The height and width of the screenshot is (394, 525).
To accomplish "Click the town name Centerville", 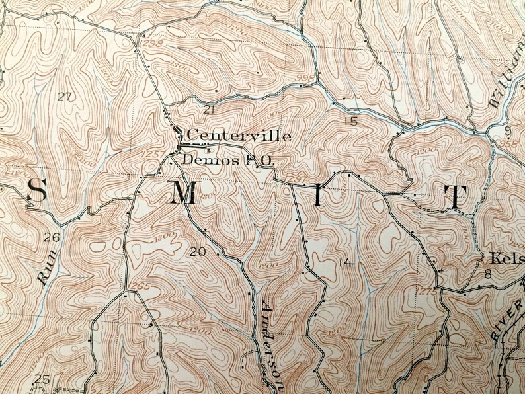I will click(x=239, y=136).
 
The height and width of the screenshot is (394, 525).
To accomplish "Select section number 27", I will click(x=64, y=97).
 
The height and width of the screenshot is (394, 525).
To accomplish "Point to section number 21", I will click(x=210, y=109).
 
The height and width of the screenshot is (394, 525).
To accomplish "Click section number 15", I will click(x=350, y=121).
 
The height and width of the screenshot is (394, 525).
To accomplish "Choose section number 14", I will click(x=344, y=262).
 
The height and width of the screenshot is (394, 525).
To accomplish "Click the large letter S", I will click(x=36, y=192).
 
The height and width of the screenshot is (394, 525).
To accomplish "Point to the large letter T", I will click(x=456, y=197).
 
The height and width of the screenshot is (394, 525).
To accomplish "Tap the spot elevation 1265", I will click(x=141, y=286).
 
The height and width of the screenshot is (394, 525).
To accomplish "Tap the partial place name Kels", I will click(x=502, y=256).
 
